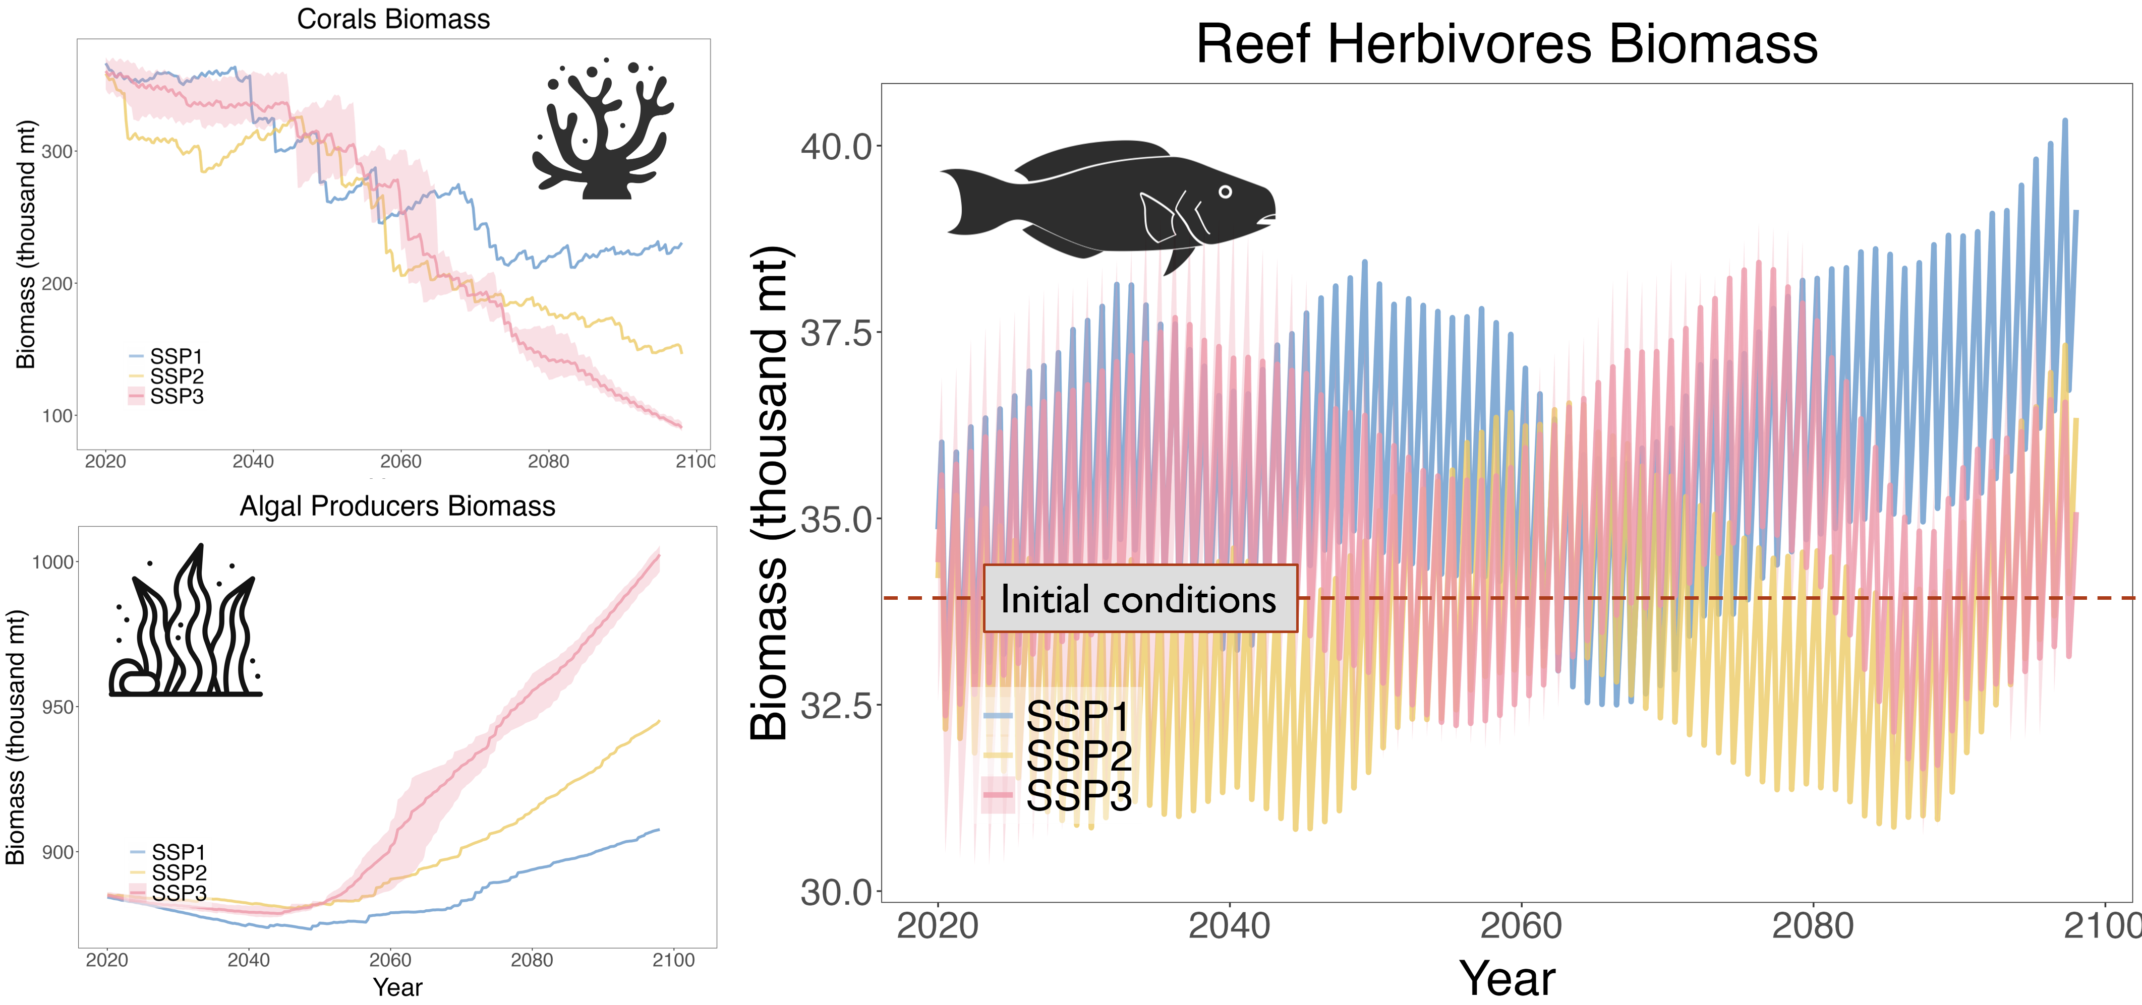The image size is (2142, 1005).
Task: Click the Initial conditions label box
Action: click(1139, 598)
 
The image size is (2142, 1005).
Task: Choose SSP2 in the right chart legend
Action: click(1078, 756)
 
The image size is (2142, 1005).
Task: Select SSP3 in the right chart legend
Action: click(1078, 795)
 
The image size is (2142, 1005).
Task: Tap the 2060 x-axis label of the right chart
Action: click(1521, 926)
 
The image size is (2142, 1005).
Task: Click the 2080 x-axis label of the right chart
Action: click(1813, 926)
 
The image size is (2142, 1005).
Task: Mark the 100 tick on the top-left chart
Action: click(56, 416)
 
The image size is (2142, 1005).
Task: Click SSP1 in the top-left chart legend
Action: click(177, 356)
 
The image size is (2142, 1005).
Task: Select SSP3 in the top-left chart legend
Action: click(177, 397)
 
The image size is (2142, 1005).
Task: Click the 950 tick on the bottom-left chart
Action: click(57, 708)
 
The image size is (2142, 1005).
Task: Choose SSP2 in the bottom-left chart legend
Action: click(179, 872)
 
